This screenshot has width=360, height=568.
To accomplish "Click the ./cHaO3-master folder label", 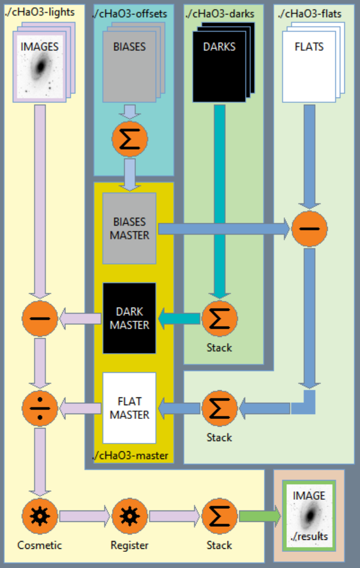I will (130, 457).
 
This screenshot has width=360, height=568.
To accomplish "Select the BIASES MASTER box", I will (129, 228).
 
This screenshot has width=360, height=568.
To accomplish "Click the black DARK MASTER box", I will (129, 318).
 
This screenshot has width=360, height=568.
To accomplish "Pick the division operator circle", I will (40, 408).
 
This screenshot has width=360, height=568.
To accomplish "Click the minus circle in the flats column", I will (310, 228).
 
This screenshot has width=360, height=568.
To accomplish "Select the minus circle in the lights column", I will (40, 318).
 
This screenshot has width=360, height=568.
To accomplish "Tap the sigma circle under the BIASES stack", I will (129, 138).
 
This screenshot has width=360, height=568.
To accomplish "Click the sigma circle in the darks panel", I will (219, 318).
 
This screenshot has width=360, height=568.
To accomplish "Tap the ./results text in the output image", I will (309, 536).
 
